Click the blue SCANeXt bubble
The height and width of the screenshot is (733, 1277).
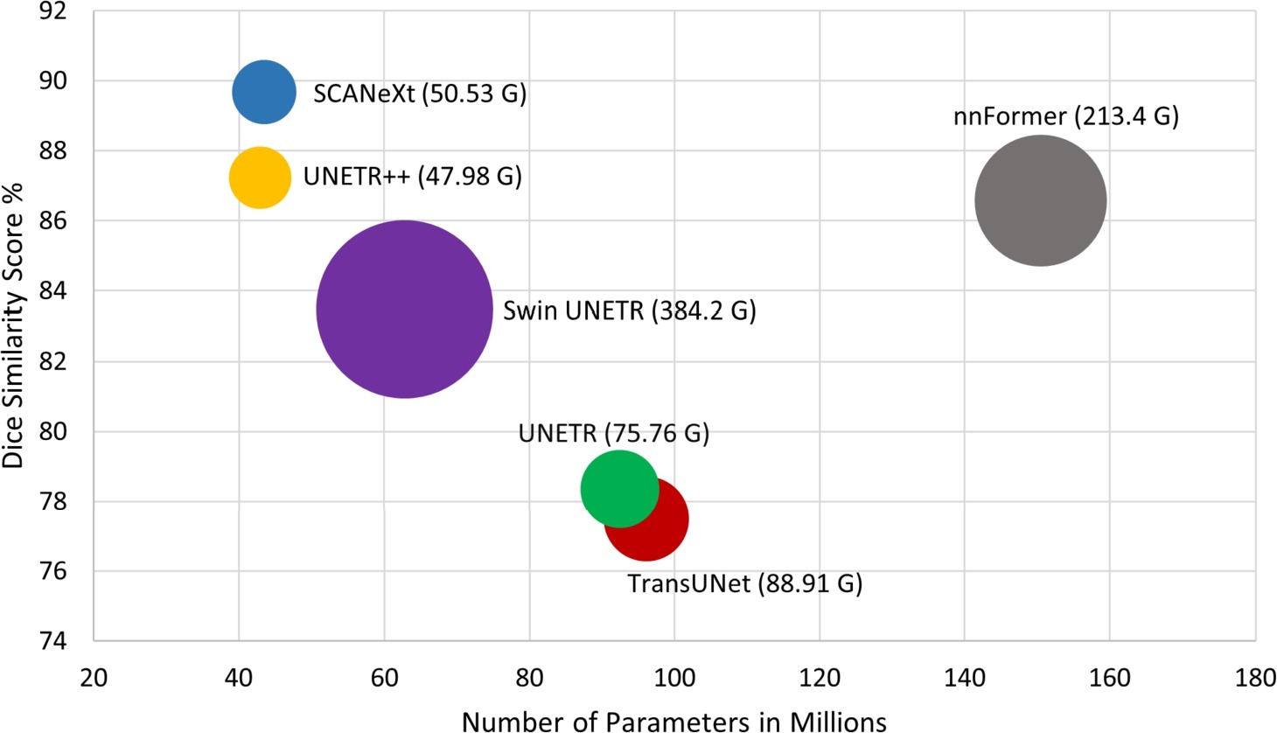264,92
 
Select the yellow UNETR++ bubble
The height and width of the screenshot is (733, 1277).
260,178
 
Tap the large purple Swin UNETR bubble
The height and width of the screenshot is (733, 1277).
404,310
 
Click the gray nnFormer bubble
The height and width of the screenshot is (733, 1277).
1041,201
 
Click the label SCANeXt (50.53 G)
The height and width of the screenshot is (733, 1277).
420,94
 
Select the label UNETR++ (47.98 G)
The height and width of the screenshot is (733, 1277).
413,177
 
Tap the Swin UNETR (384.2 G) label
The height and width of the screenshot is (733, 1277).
629,311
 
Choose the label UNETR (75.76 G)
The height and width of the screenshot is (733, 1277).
614,433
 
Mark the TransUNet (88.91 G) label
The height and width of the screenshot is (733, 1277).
745,583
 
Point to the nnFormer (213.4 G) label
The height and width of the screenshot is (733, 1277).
1066,115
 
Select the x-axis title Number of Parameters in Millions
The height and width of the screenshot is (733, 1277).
674,721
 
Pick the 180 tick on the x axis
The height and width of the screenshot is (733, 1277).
1255,678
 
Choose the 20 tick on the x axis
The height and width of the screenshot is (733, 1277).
94,678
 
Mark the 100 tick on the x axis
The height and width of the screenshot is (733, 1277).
673,678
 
